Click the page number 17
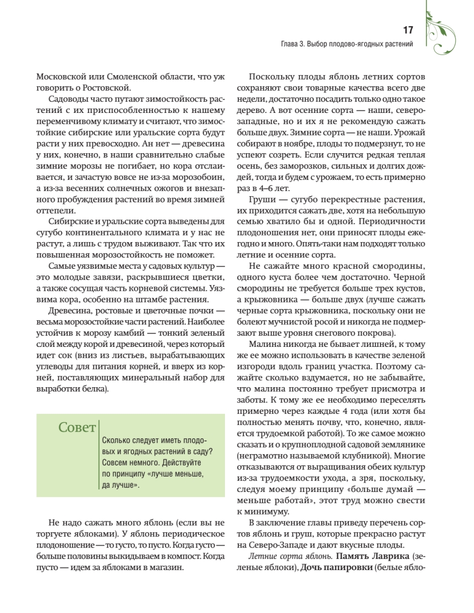point(408,30)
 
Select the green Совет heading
point(77,427)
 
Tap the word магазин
point(164,567)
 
